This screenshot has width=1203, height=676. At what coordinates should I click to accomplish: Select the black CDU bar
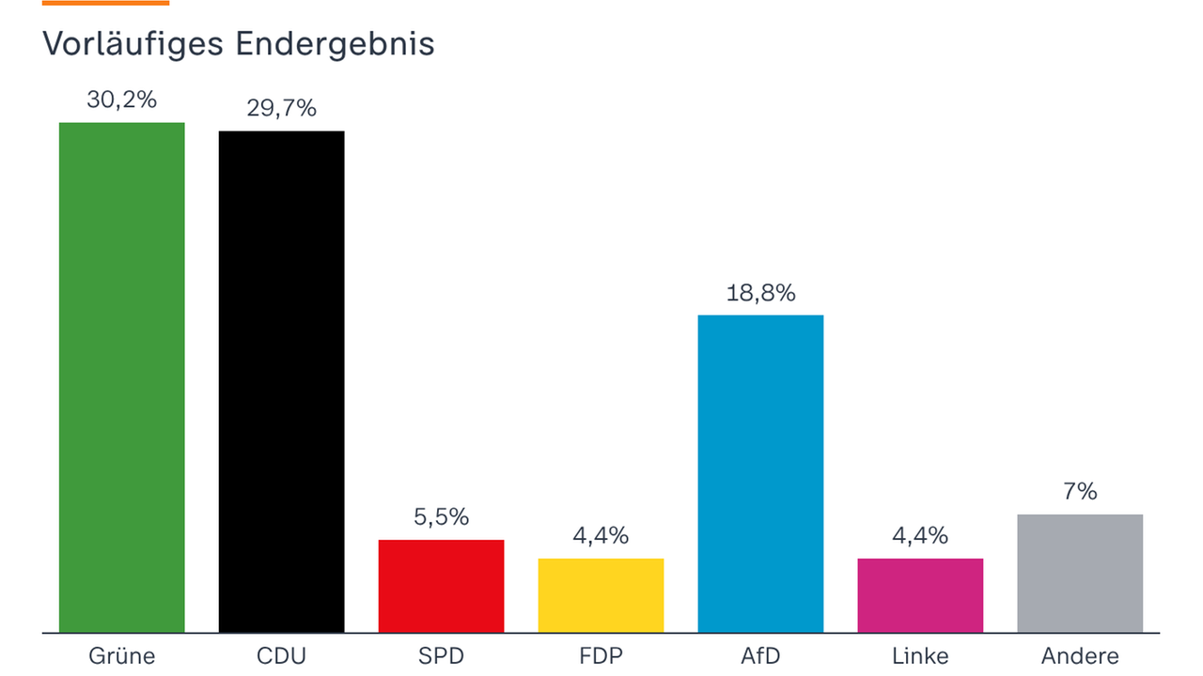pos(281,381)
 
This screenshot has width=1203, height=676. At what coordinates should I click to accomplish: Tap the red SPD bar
pos(441,586)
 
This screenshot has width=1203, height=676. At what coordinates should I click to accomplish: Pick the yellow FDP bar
pos(601,595)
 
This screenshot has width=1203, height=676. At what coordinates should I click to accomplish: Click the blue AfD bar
pos(760,473)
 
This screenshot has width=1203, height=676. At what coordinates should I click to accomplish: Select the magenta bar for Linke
pos(920,595)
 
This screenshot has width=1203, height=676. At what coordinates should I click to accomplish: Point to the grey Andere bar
pos(1080,573)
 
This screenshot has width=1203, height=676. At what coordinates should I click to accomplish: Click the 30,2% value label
pos(121,99)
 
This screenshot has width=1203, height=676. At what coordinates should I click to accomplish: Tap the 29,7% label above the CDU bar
pos(281,108)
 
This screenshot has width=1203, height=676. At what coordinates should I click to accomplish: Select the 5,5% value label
pos(441,516)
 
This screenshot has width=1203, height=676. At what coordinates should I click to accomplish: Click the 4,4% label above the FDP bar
pos(601,536)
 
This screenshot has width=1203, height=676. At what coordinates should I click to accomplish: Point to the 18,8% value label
pos(760,293)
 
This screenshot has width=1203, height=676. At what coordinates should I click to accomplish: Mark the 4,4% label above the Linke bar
pos(920,536)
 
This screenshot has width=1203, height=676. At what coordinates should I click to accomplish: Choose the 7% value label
pos(1080,491)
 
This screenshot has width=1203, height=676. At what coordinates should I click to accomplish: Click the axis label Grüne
pos(121,655)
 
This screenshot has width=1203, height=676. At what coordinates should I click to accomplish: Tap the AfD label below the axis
pos(760,655)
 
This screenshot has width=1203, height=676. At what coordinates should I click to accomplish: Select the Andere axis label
pos(1080,655)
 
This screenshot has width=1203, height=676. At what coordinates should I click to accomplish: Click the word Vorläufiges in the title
pos(132,44)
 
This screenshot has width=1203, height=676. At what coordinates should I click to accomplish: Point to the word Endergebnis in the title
pos(335,44)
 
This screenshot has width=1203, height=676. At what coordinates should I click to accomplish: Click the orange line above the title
pos(105,3)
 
